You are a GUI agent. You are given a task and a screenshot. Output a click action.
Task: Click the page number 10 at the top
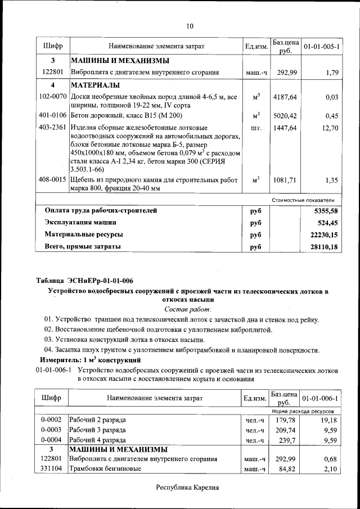190,26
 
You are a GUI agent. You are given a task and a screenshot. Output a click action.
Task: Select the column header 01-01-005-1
321,46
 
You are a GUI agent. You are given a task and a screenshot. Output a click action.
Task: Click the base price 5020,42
285,116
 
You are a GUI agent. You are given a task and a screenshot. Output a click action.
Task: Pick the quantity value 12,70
329,128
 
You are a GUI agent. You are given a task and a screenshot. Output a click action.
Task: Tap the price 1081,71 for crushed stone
285,180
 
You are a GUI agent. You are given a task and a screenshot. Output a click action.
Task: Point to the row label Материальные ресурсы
84,234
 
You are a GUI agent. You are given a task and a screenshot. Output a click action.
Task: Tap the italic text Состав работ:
188,309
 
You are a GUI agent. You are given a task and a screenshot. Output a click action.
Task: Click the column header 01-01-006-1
321,398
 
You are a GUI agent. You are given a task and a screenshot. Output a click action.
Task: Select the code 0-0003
51,430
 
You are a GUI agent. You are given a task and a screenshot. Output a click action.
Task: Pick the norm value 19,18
328,420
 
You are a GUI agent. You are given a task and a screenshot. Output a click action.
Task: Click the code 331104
51,469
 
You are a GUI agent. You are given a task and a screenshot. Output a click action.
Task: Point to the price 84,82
286,469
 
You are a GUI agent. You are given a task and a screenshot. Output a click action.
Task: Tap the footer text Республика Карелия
187,488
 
